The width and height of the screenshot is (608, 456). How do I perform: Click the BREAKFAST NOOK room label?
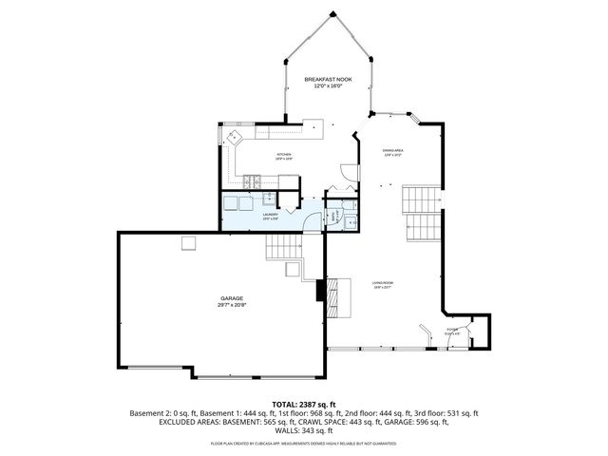[x=328, y=80]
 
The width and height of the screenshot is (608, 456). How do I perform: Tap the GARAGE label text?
[x=233, y=297]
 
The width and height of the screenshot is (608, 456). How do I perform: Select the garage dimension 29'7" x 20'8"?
[x=233, y=305]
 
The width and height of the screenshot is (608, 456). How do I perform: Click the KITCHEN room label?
[x=283, y=154]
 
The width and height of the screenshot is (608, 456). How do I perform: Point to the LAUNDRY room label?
[x=270, y=216]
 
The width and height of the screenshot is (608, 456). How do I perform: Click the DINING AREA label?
[x=393, y=150]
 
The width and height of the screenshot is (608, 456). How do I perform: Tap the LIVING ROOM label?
[x=382, y=282]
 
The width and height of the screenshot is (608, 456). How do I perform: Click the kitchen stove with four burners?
[x=252, y=180]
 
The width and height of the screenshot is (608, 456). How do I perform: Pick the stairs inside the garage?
[x=281, y=249]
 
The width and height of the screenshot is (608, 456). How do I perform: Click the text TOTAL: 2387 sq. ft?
[x=303, y=404]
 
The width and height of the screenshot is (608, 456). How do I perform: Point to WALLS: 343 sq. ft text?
[x=303, y=430]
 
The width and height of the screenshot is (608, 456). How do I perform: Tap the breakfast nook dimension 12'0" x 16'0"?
[x=328, y=87]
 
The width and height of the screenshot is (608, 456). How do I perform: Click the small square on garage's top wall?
[x=189, y=243]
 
